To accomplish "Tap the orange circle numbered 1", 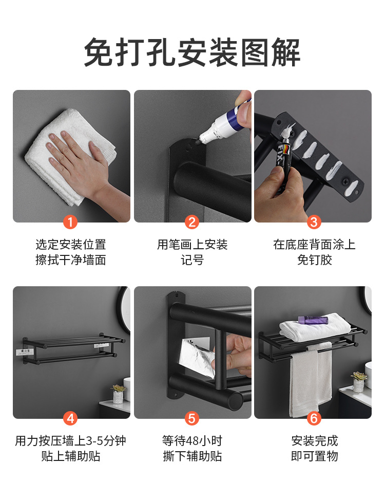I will point(71,222).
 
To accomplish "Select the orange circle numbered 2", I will point(192,222).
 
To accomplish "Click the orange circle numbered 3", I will point(314,222).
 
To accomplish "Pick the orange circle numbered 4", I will point(71,418).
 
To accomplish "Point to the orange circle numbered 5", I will point(192,418).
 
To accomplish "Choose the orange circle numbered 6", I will point(314,418).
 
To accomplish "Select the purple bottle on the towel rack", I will point(313,320).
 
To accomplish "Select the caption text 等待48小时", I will point(192,441).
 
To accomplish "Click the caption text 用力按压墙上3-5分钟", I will point(71,441).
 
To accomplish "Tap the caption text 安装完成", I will point(314,441).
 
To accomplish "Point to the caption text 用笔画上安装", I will point(192,245).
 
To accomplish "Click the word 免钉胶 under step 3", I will point(314,260).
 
